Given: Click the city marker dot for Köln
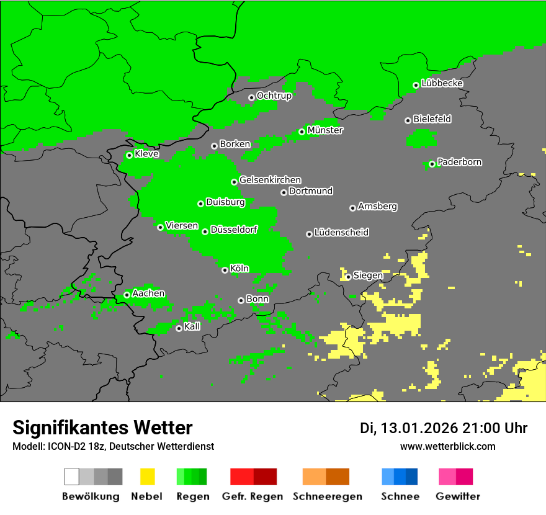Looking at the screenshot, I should click(x=225, y=270).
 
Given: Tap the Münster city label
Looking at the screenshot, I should click(x=325, y=130).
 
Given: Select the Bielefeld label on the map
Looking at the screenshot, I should click(x=432, y=119).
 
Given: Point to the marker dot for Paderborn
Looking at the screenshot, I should click(x=432, y=164).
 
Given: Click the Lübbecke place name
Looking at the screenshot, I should click(x=442, y=83).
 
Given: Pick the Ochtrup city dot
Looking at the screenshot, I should click(x=251, y=97).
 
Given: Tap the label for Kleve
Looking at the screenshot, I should click(x=147, y=154).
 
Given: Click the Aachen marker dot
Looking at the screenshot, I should click(x=127, y=295).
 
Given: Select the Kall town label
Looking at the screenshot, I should click(x=192, y=326).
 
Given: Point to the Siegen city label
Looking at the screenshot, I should click(x=368, y=275).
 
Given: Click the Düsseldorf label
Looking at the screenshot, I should click(x=234, y=230).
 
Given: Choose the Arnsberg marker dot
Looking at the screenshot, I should click(x=352, y=208).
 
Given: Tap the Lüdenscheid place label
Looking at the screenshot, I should click(x=342, y=232).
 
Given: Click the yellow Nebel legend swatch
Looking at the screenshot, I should click(x=147, y=477).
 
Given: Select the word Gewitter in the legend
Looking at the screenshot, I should click(x=458, y=496).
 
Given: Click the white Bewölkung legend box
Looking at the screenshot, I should click(x=72, y=477).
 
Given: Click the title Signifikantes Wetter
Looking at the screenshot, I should click(x=102, y=428).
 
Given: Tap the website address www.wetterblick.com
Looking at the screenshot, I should click(x=448, y=446).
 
